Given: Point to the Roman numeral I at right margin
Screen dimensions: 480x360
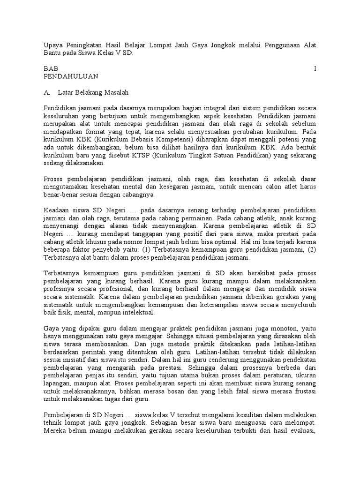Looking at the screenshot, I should (315, 68).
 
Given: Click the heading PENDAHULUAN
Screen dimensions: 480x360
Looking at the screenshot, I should (71, 76).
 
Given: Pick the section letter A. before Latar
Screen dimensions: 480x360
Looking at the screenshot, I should (47, 92).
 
